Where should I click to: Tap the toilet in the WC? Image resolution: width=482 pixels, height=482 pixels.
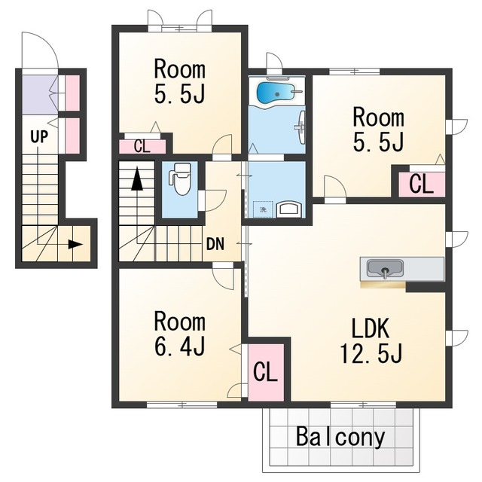180,179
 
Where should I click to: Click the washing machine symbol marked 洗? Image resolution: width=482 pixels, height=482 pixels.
263,209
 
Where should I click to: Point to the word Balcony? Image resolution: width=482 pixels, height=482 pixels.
340,437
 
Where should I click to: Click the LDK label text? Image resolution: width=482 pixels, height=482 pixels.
371,328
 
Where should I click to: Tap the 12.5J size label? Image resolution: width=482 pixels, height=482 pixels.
371,353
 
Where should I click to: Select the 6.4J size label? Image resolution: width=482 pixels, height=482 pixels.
180,346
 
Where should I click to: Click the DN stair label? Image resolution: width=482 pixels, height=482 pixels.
215,244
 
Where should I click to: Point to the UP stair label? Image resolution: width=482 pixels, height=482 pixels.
39,136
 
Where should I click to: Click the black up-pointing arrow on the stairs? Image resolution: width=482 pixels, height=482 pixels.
137,178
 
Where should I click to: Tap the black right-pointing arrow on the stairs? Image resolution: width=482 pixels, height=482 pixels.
75,244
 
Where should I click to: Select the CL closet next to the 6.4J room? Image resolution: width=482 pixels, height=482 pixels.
266,372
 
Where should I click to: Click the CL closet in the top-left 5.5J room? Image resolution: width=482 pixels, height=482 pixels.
142,147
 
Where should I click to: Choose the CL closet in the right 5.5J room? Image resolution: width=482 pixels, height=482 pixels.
422,185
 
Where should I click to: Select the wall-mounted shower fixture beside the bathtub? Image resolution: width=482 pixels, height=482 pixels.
301,127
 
